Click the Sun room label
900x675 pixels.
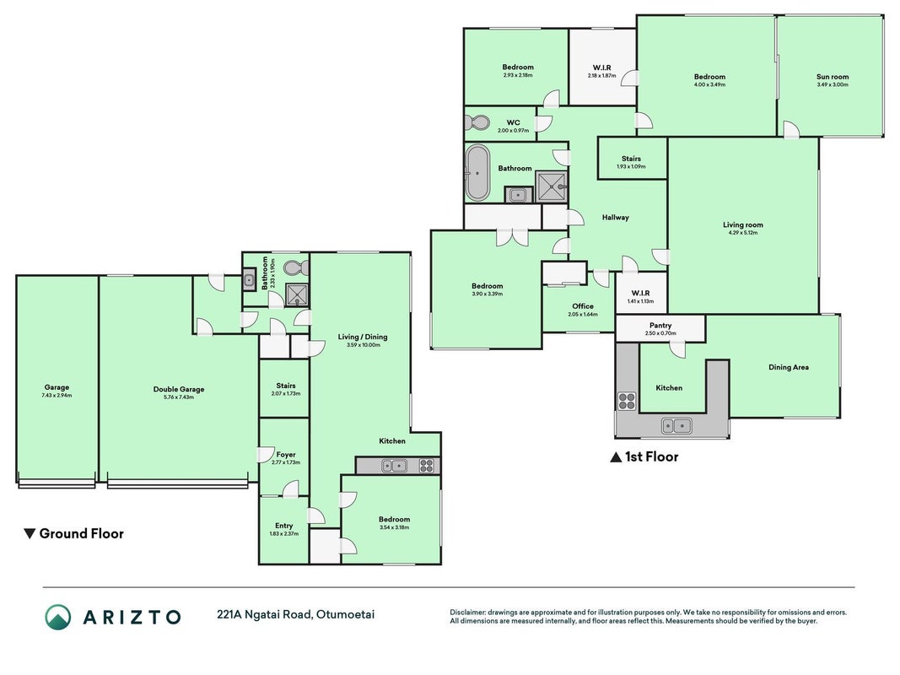tap(833, 76)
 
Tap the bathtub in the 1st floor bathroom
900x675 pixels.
tap(477, 173)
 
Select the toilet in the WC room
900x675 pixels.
tap(477, 122)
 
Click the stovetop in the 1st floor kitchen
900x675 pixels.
tap(627, 401)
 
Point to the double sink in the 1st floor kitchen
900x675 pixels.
tap(676, 426)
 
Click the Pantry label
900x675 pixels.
tap(660, 325)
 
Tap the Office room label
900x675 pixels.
tap(583, 306)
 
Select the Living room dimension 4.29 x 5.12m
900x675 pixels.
tap(743, 233)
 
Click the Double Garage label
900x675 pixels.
tap(179, 389)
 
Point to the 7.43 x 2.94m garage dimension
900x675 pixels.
tap(57, 396)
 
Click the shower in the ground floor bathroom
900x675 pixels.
tap(297, 295)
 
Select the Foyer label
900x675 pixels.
tap(286, 455)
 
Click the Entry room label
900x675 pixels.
tap(283, 526)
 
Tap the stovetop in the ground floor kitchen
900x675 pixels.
tap(427, 466)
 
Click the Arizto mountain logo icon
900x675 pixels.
tap(58, 617)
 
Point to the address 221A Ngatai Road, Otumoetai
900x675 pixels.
tap(295, 615)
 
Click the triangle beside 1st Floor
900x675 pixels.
tap(616, 456)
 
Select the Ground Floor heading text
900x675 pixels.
tap(82, 534)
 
